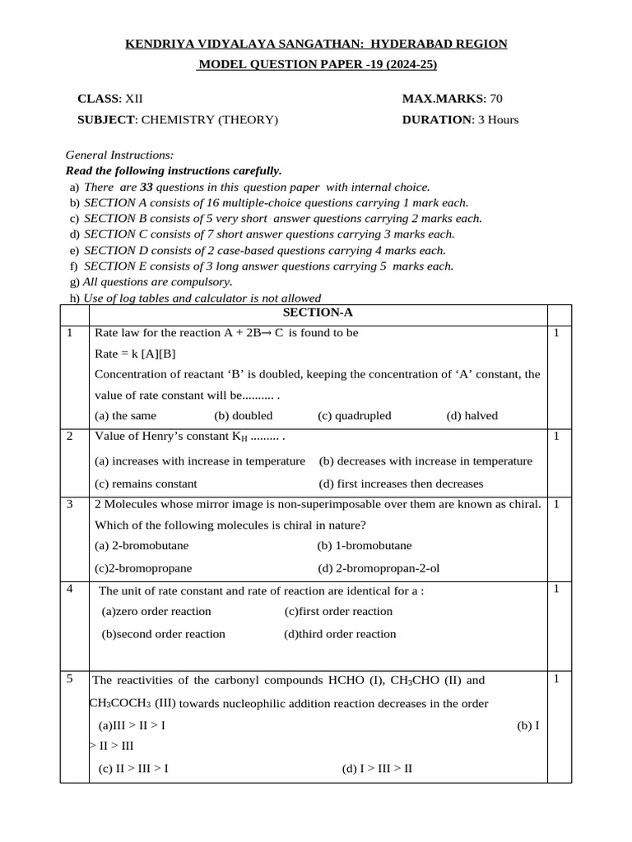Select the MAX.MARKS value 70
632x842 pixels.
coord(495,99)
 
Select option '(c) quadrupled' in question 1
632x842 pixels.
coord(354,416)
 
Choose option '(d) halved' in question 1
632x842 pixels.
coord(472,416)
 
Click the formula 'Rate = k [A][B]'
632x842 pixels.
coord(135,354)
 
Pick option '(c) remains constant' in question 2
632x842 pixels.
coord(146,483)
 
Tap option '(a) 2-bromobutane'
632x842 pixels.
coord(142,545)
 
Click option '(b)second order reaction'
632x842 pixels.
coord(163,634)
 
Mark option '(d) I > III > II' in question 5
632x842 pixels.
coord(377,769)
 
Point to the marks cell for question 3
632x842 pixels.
coord(557,504)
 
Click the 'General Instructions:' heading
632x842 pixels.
coord(119,155)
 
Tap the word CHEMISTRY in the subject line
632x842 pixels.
coord(177,120)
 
